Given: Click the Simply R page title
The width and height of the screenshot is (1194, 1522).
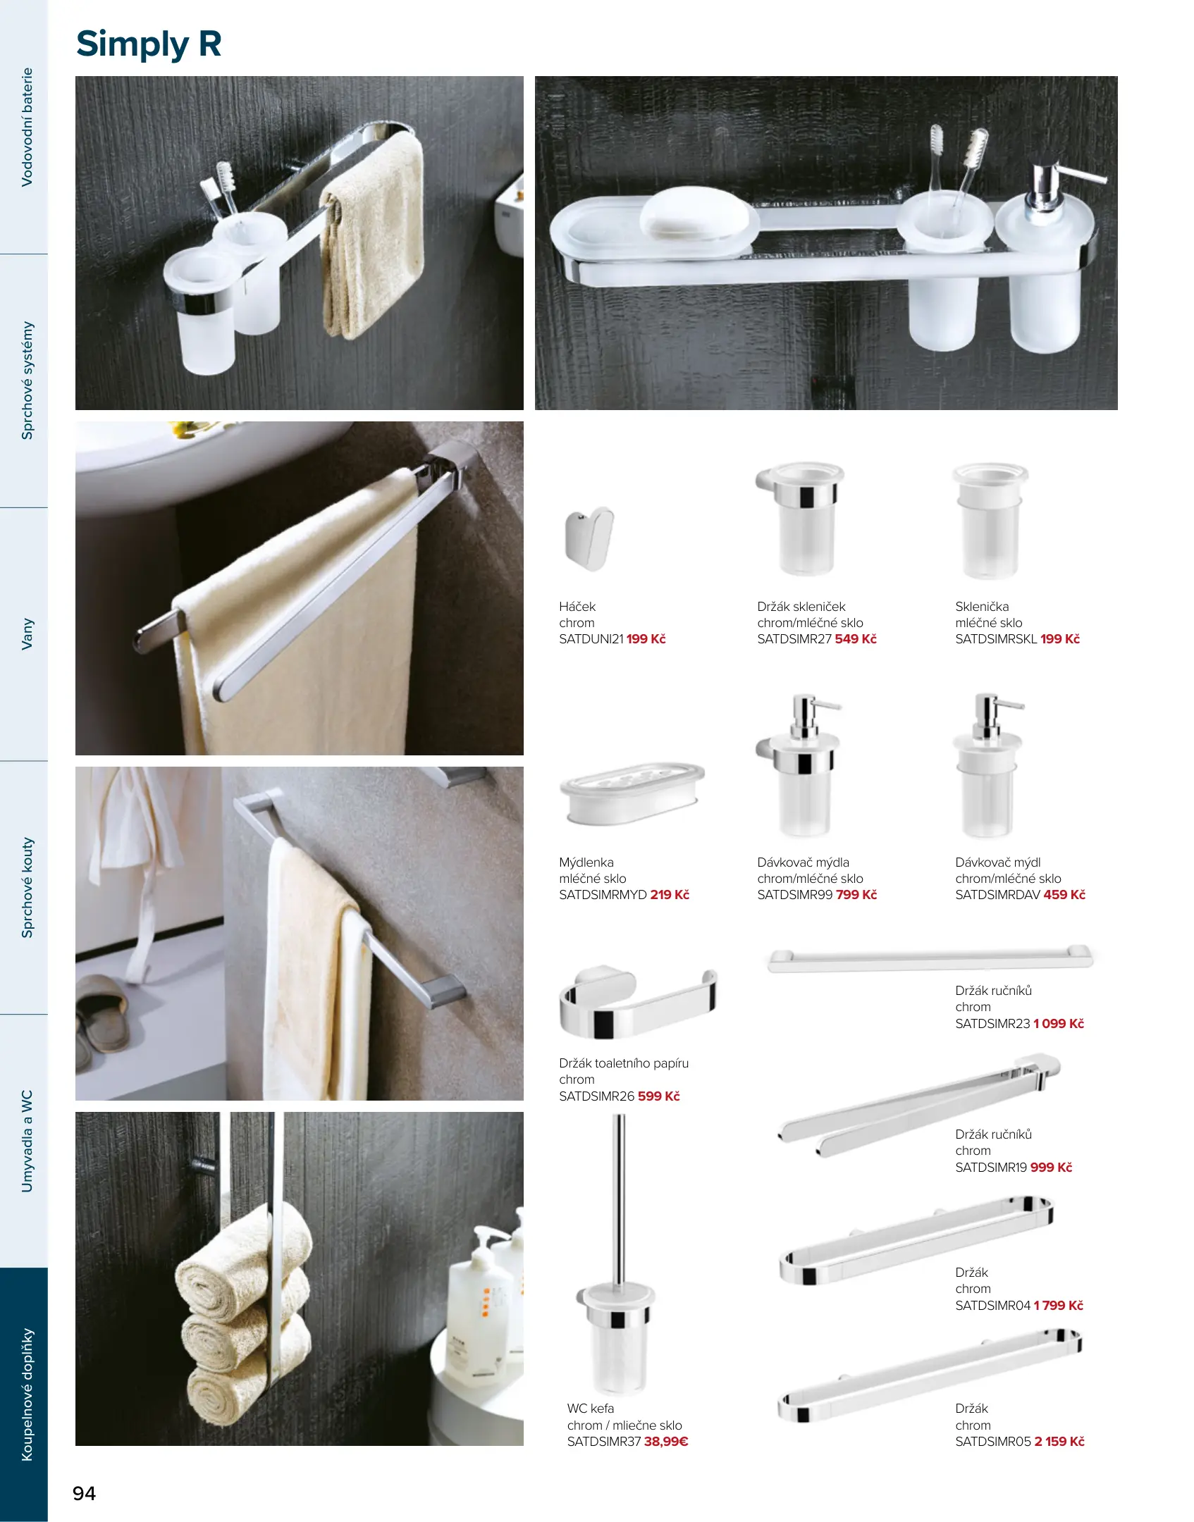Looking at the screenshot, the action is click(149, 44).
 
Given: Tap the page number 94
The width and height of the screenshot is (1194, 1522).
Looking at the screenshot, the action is click(85, 1493).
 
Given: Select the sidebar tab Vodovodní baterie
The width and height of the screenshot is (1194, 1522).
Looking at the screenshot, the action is click(27, 127).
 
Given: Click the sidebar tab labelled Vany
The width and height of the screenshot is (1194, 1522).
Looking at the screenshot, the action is click(27, 634).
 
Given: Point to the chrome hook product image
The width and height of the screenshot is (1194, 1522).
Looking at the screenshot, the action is click(589, 538).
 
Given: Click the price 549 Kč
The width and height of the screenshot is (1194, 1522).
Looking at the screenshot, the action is click(856, 639).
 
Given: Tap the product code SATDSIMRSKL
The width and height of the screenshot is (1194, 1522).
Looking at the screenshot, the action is click(996, 639).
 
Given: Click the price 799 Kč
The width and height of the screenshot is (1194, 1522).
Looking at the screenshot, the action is click(856, 895).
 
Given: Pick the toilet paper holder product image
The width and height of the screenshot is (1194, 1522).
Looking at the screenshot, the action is click(638, 1002).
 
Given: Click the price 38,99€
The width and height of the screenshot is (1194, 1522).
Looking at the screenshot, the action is click(666, 1442).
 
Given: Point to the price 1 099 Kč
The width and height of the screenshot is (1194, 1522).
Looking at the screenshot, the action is click(1059, 1024).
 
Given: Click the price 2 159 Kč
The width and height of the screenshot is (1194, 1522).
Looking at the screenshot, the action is click(1059, 1442).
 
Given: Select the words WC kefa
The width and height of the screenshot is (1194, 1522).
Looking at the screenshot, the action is click(591, 1409).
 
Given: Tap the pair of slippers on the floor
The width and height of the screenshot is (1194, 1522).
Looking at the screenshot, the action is click(103, 1018).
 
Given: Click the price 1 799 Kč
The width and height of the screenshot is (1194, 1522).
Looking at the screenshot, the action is click(1059, 1306).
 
